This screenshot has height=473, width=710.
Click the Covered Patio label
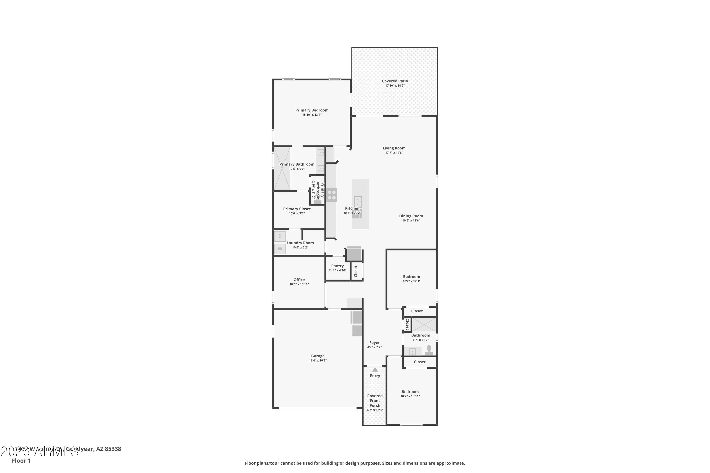tap(395, 81)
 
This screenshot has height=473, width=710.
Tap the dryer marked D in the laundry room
tap(280, 236)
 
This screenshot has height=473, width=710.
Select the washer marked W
tap(280, 249)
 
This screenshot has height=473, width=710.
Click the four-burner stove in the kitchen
tap(332, 195)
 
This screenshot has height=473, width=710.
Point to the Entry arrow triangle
tap(375, 369)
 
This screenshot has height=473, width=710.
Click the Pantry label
tap(337, 266)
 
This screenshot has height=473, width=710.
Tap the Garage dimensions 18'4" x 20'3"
tap(318, 360)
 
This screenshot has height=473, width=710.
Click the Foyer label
tap(374, 343)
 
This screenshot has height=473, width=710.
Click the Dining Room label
tap(411, 216)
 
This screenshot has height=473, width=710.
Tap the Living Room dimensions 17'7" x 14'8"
tap(394, 153)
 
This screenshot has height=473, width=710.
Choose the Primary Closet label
tap(297, 209)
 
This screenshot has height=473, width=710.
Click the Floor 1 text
tap(21, 461)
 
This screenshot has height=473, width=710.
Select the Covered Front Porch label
tap(375, 401)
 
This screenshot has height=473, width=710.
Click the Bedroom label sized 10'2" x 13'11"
tap(410, 392)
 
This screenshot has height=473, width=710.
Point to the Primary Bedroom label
tap(312, 110)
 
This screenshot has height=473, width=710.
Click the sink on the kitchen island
tap(357, 201)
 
